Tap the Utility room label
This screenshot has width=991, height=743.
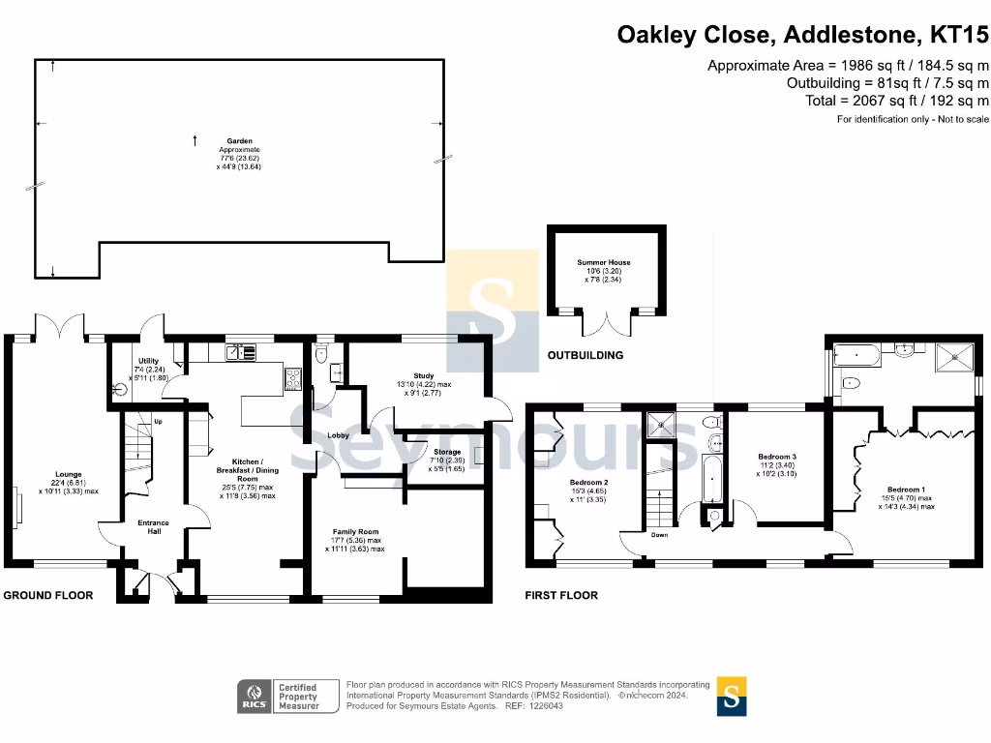click(148, 361)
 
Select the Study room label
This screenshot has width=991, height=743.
click(423, 375)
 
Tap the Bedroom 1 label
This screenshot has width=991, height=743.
click(907, 490)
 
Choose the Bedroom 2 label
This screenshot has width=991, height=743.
click(588, 482)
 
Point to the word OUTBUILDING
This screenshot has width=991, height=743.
click(586, 355)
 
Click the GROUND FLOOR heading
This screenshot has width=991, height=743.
click(48, 595)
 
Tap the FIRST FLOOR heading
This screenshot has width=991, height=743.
click(561, 595)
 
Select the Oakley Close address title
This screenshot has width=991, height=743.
click(803, 36)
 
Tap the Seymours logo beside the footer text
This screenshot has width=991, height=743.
click(733, 696)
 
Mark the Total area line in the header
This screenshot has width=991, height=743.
click(897, 101)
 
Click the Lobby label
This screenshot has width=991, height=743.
click(338, 436)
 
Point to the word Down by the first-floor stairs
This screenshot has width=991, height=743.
click(659, 535)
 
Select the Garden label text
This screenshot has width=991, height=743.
click(239, 140)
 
